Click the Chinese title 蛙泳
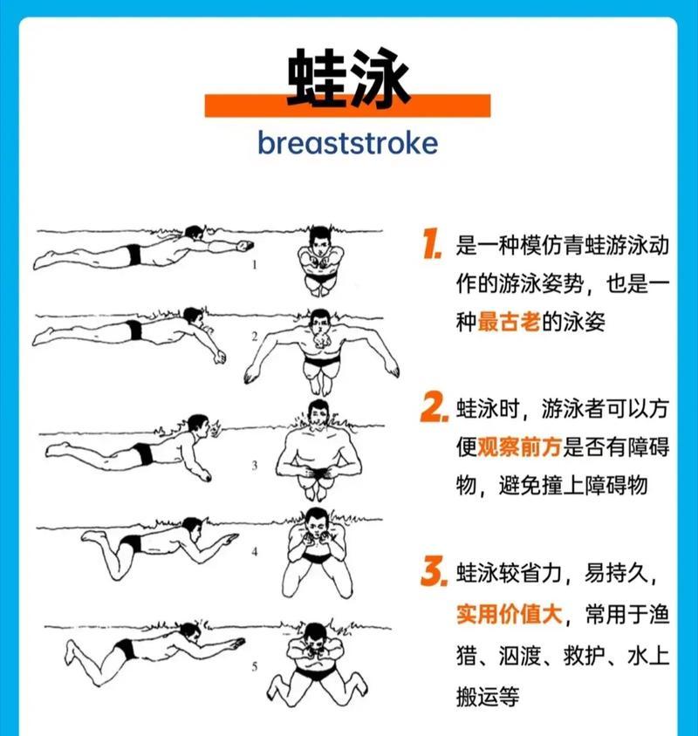click(348, 78)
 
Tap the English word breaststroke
click(348, 143)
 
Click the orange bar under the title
click(347, 106)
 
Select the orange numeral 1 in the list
click(432, 244)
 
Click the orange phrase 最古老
click(509, 322)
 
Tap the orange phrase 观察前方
click(519, 446)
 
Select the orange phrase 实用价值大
click(510, 614)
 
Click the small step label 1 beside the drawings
click(255, 265)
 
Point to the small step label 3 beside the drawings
click(255, 465)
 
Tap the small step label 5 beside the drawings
click(255, 666)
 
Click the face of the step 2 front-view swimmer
click(319, 323)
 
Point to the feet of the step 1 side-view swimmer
click(44, 260)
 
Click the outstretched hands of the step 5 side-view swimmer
click(235, 643)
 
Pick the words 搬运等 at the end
click(488, 696)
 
